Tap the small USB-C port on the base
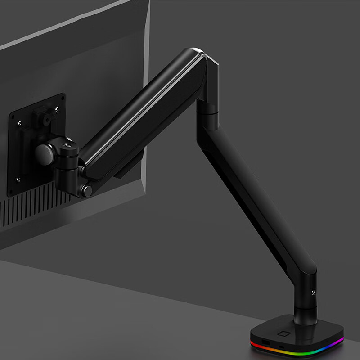[x=281, y=346]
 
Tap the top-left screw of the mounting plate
[x=19, y=122]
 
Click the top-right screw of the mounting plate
[x=57, y=108]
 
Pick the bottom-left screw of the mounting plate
[x=18, y=180]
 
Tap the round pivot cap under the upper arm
[x=87, y=190]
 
